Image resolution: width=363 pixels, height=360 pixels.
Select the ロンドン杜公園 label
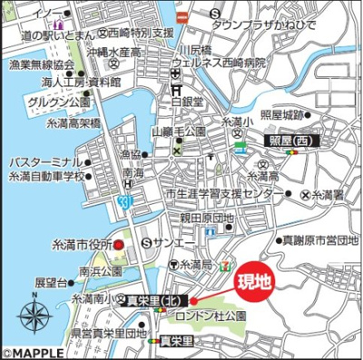pos(213,315)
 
